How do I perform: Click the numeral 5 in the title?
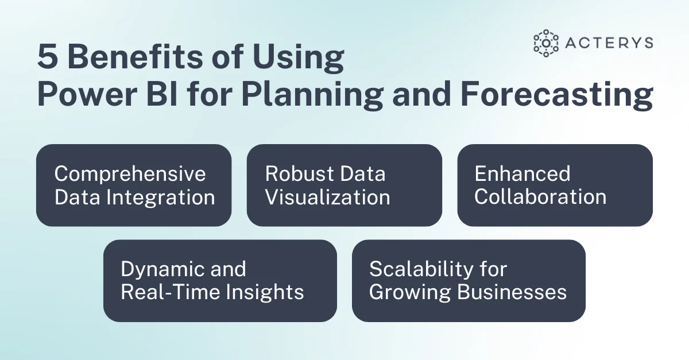[48, 57]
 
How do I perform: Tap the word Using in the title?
[298, 59]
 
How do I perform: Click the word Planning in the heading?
[312, 96]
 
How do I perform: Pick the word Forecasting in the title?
[557, 96]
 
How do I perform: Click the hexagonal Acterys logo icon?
[546, 43]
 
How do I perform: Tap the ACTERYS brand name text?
[609, 43]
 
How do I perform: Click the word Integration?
[161, 198]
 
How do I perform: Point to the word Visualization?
[328, 197]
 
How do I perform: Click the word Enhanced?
[522, 173]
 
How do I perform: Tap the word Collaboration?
[540, 197]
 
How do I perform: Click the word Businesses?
[512, 292]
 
